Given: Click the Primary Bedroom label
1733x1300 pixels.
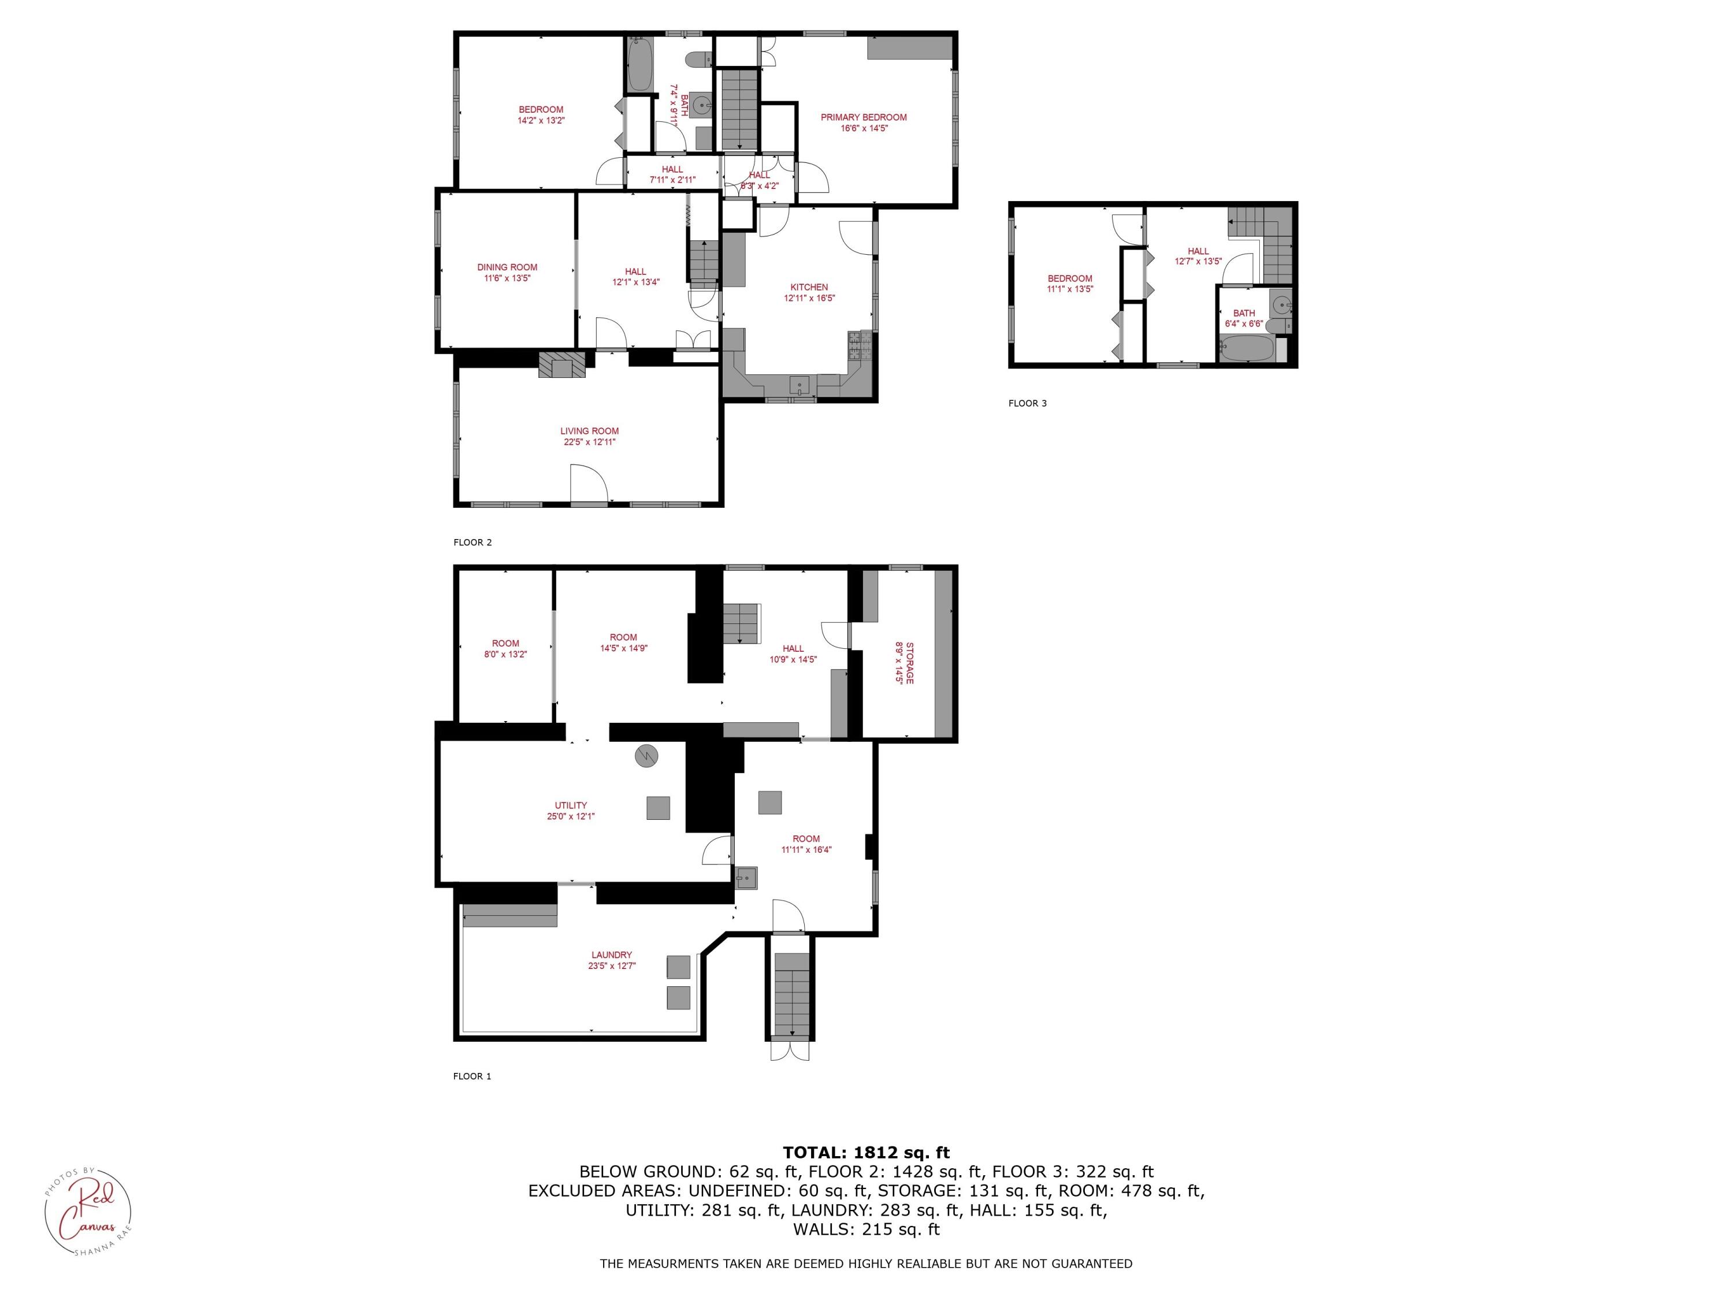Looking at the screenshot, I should [864, 117].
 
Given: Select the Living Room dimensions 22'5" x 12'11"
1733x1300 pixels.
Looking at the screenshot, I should [589, 442].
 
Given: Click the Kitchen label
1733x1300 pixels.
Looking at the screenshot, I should [809, 288].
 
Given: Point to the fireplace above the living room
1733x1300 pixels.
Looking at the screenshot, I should [561, 365].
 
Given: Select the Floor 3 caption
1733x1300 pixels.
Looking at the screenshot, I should [1027, 403].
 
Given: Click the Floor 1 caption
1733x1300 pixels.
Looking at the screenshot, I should [471, 1076].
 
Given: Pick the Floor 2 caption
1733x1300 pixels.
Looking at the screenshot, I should [473, 543].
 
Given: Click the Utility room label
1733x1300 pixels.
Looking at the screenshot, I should [570, 805].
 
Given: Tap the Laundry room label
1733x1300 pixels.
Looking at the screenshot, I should [611, 955].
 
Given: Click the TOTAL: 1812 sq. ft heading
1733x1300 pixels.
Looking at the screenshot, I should [866, 1153].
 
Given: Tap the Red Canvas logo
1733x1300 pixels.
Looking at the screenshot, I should [87, 1213].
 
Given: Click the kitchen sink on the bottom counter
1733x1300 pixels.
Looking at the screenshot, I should [798, 385].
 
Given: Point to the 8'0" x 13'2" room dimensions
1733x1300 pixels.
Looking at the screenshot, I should [505, 654].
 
